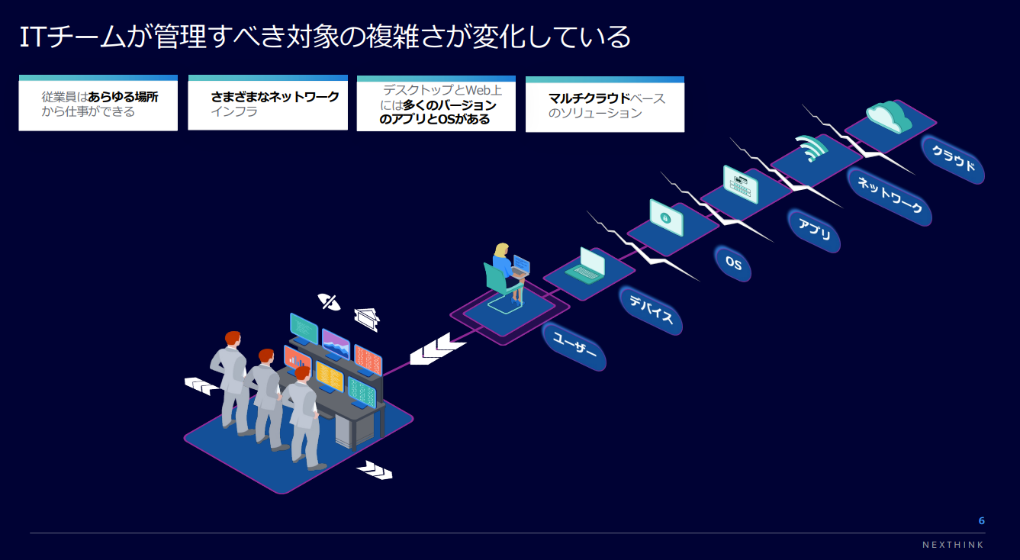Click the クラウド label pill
(953, 159)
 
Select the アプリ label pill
(814, 230)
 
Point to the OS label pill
(733, 263)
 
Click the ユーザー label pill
(574, 346)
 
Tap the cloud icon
(890, 117)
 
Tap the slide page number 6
(981, 520)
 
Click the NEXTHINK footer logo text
(952, 545)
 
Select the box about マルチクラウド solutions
(604, 105)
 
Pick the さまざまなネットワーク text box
(267, 104)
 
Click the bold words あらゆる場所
(123, 98)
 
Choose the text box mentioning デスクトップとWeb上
(436, 105)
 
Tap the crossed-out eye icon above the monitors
(330, 302)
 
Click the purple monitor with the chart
(336, 346)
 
